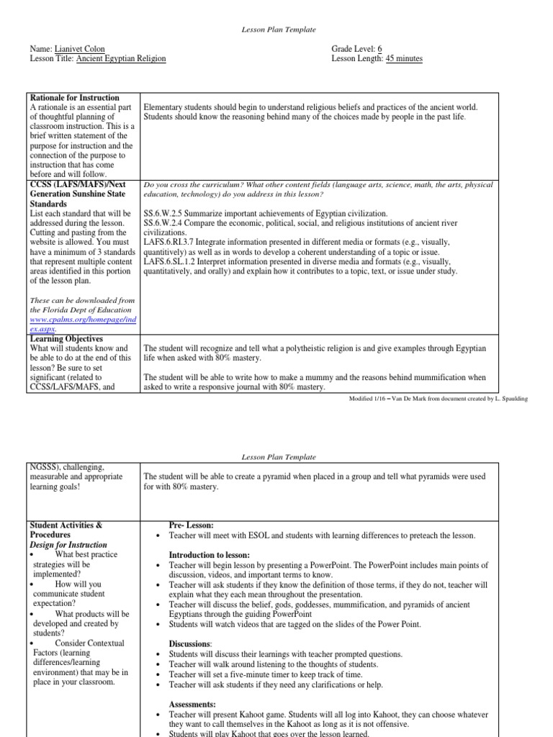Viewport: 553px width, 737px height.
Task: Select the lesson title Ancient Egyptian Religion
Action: pos(121,58)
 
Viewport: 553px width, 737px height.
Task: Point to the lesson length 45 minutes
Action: pos(404,58)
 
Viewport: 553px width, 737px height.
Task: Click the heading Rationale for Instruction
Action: pos(75,97)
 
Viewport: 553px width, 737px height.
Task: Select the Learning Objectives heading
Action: pos(66,339)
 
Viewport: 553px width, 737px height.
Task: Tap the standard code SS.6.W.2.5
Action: pos(166,214)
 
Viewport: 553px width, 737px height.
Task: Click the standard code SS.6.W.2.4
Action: pos(166,224)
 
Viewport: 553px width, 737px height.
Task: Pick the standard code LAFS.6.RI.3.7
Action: pos(171,243)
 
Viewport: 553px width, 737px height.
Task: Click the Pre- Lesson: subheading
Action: pos(192,526)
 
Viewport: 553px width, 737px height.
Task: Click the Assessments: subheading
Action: pos(192,704)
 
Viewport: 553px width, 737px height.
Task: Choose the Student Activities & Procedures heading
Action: pos(66,530)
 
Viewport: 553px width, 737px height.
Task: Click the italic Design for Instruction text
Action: pos(68,545)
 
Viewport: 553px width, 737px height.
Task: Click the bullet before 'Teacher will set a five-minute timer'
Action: pos(157,675)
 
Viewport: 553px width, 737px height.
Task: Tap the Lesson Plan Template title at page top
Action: pos(276,29)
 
